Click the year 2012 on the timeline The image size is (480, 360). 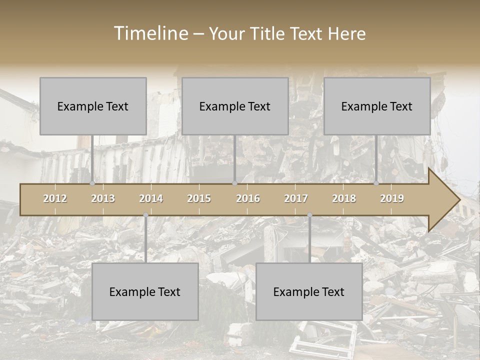pos(55,198)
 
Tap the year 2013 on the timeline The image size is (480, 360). pos(103,198)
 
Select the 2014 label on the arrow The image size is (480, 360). pos(151,198)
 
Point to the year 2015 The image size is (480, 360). pos(199,198)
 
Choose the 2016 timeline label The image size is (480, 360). pos(248,198)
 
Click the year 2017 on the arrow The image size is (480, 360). pos(296,198)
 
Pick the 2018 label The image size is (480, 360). pos(344,198)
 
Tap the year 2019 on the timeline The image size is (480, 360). pos(392,198)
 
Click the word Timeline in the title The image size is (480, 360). pos(150,33)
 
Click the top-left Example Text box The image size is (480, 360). pos(93,106)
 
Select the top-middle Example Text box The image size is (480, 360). pos(235,106)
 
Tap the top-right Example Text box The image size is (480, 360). pos(377,106)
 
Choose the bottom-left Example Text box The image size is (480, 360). pos(145,291)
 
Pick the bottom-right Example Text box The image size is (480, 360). pos(309,291)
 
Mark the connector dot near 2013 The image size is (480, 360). pos(92,183)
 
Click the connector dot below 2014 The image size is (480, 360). pos(145,215)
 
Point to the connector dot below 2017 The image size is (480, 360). pos(309,215)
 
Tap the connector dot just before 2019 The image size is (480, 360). pos(376,183)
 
